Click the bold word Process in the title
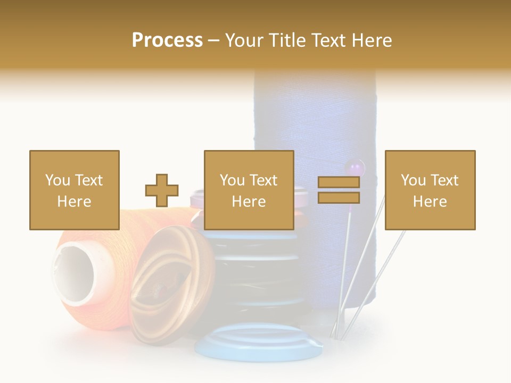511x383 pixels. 167,40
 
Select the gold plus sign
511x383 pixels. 162,190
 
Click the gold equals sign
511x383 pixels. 339,190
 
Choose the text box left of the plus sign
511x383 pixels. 74,190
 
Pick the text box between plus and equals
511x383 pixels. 249,190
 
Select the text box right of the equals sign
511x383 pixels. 430,190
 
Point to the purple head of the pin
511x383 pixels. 355,168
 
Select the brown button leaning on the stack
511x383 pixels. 160,277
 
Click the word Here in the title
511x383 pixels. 371,40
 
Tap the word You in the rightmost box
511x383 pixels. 411,180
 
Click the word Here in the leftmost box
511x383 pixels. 74,201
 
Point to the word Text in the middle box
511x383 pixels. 263,180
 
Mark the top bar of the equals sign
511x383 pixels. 339,182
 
